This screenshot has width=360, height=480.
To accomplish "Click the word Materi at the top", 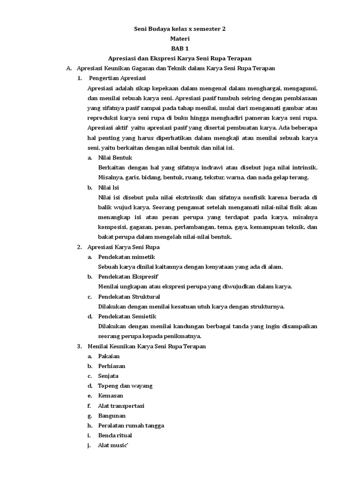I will [180, 38].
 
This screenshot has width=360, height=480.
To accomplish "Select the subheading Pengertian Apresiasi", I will [118, 78].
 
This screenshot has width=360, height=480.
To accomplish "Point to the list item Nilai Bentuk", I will [115, 158].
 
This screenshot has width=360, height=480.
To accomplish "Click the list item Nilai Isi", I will [109, 187].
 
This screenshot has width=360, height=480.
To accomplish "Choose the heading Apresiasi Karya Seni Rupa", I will [124, 247].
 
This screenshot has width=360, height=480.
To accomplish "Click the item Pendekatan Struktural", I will [129, 297].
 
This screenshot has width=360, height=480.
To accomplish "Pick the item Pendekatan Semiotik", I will [127, 316].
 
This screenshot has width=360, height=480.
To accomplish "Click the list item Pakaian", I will [109, 356].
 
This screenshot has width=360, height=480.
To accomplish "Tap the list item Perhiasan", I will [112, 366].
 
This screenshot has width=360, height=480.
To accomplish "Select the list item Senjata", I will [108, 376].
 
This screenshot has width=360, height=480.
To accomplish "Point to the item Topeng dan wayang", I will [125, 386].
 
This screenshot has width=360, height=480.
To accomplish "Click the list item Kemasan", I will [111, 396].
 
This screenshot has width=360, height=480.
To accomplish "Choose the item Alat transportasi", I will [121, 405].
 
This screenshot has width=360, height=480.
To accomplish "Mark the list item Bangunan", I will [112, 416].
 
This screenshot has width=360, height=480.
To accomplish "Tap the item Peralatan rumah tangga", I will [131, 426].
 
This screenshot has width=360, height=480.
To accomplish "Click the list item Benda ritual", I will [115, 435].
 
